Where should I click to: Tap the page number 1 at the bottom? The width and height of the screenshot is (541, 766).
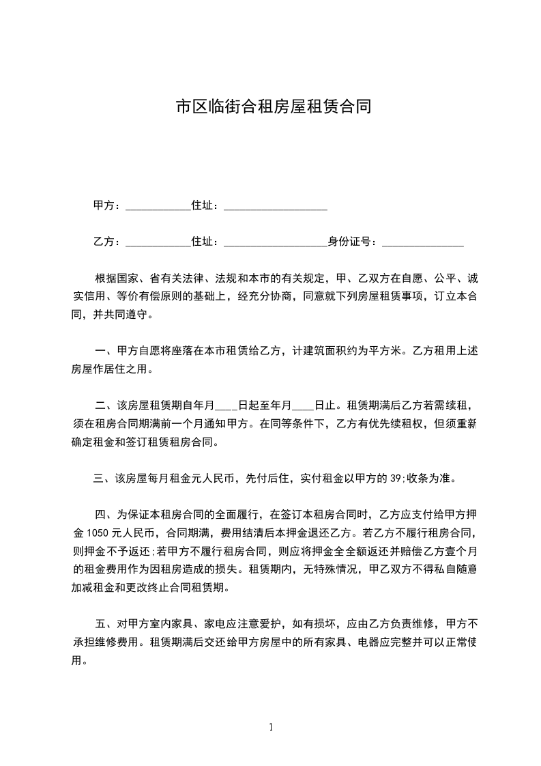271,727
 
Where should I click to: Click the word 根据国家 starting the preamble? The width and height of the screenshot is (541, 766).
113,280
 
